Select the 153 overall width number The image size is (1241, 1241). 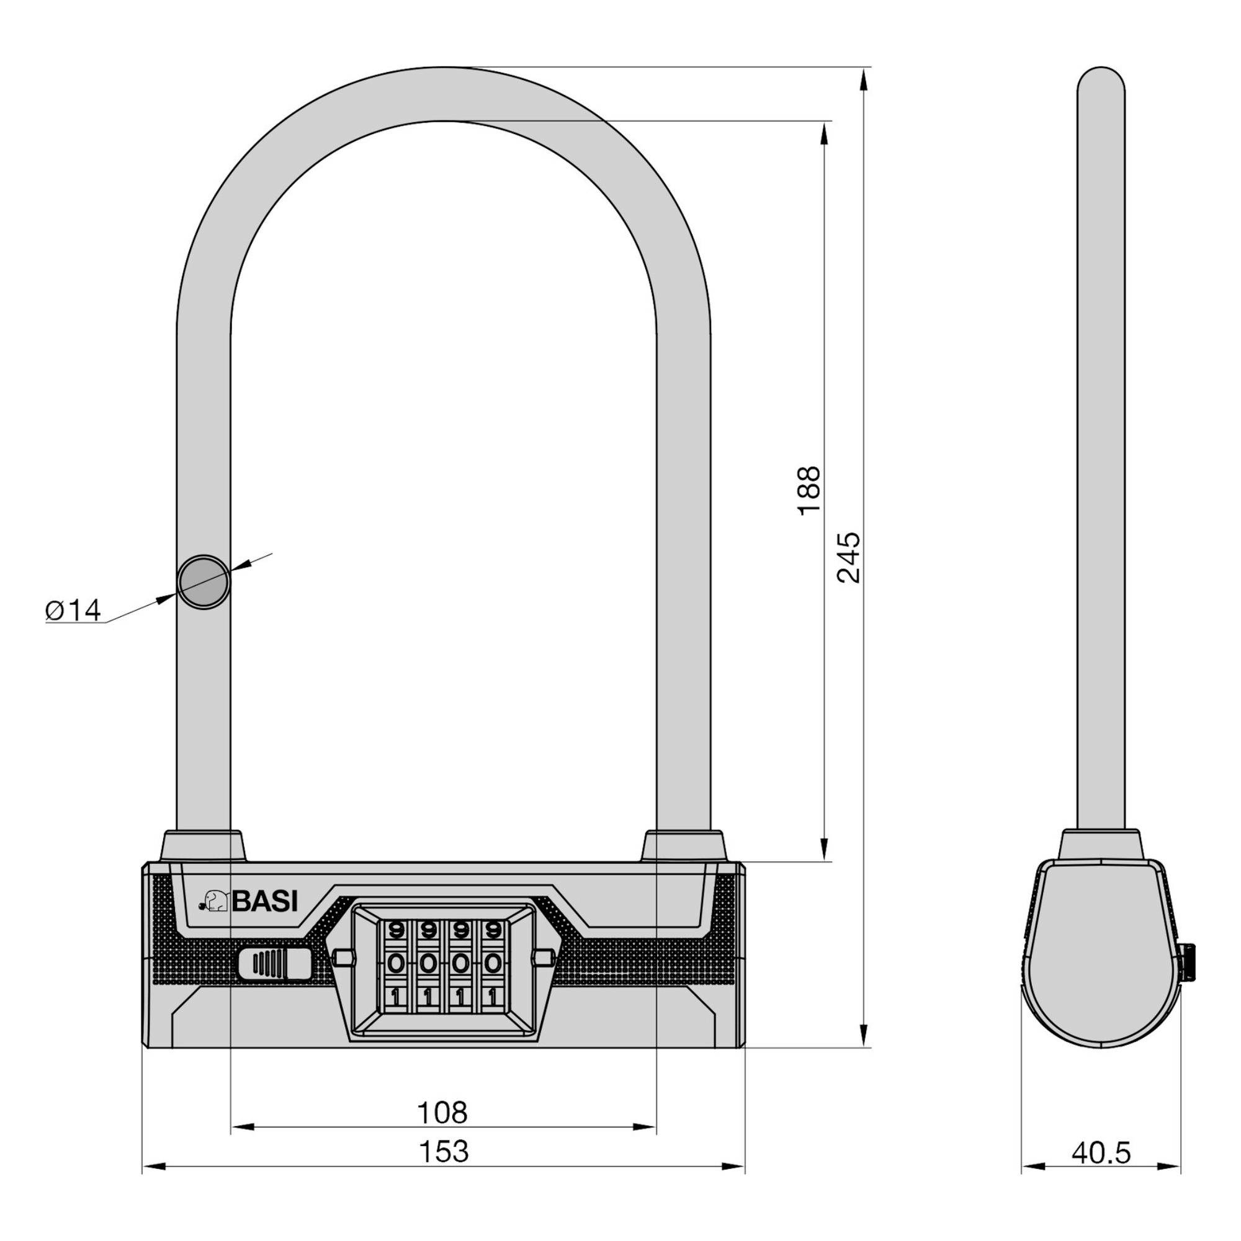click(444, 1151)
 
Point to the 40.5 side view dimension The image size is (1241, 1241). click(1100, 1152)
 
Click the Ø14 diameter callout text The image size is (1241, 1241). click(73, 611)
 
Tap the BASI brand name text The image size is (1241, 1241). click(265, 902)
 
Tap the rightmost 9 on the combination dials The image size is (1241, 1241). click(493, 930)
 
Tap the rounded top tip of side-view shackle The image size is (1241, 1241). click(1101, 80)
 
